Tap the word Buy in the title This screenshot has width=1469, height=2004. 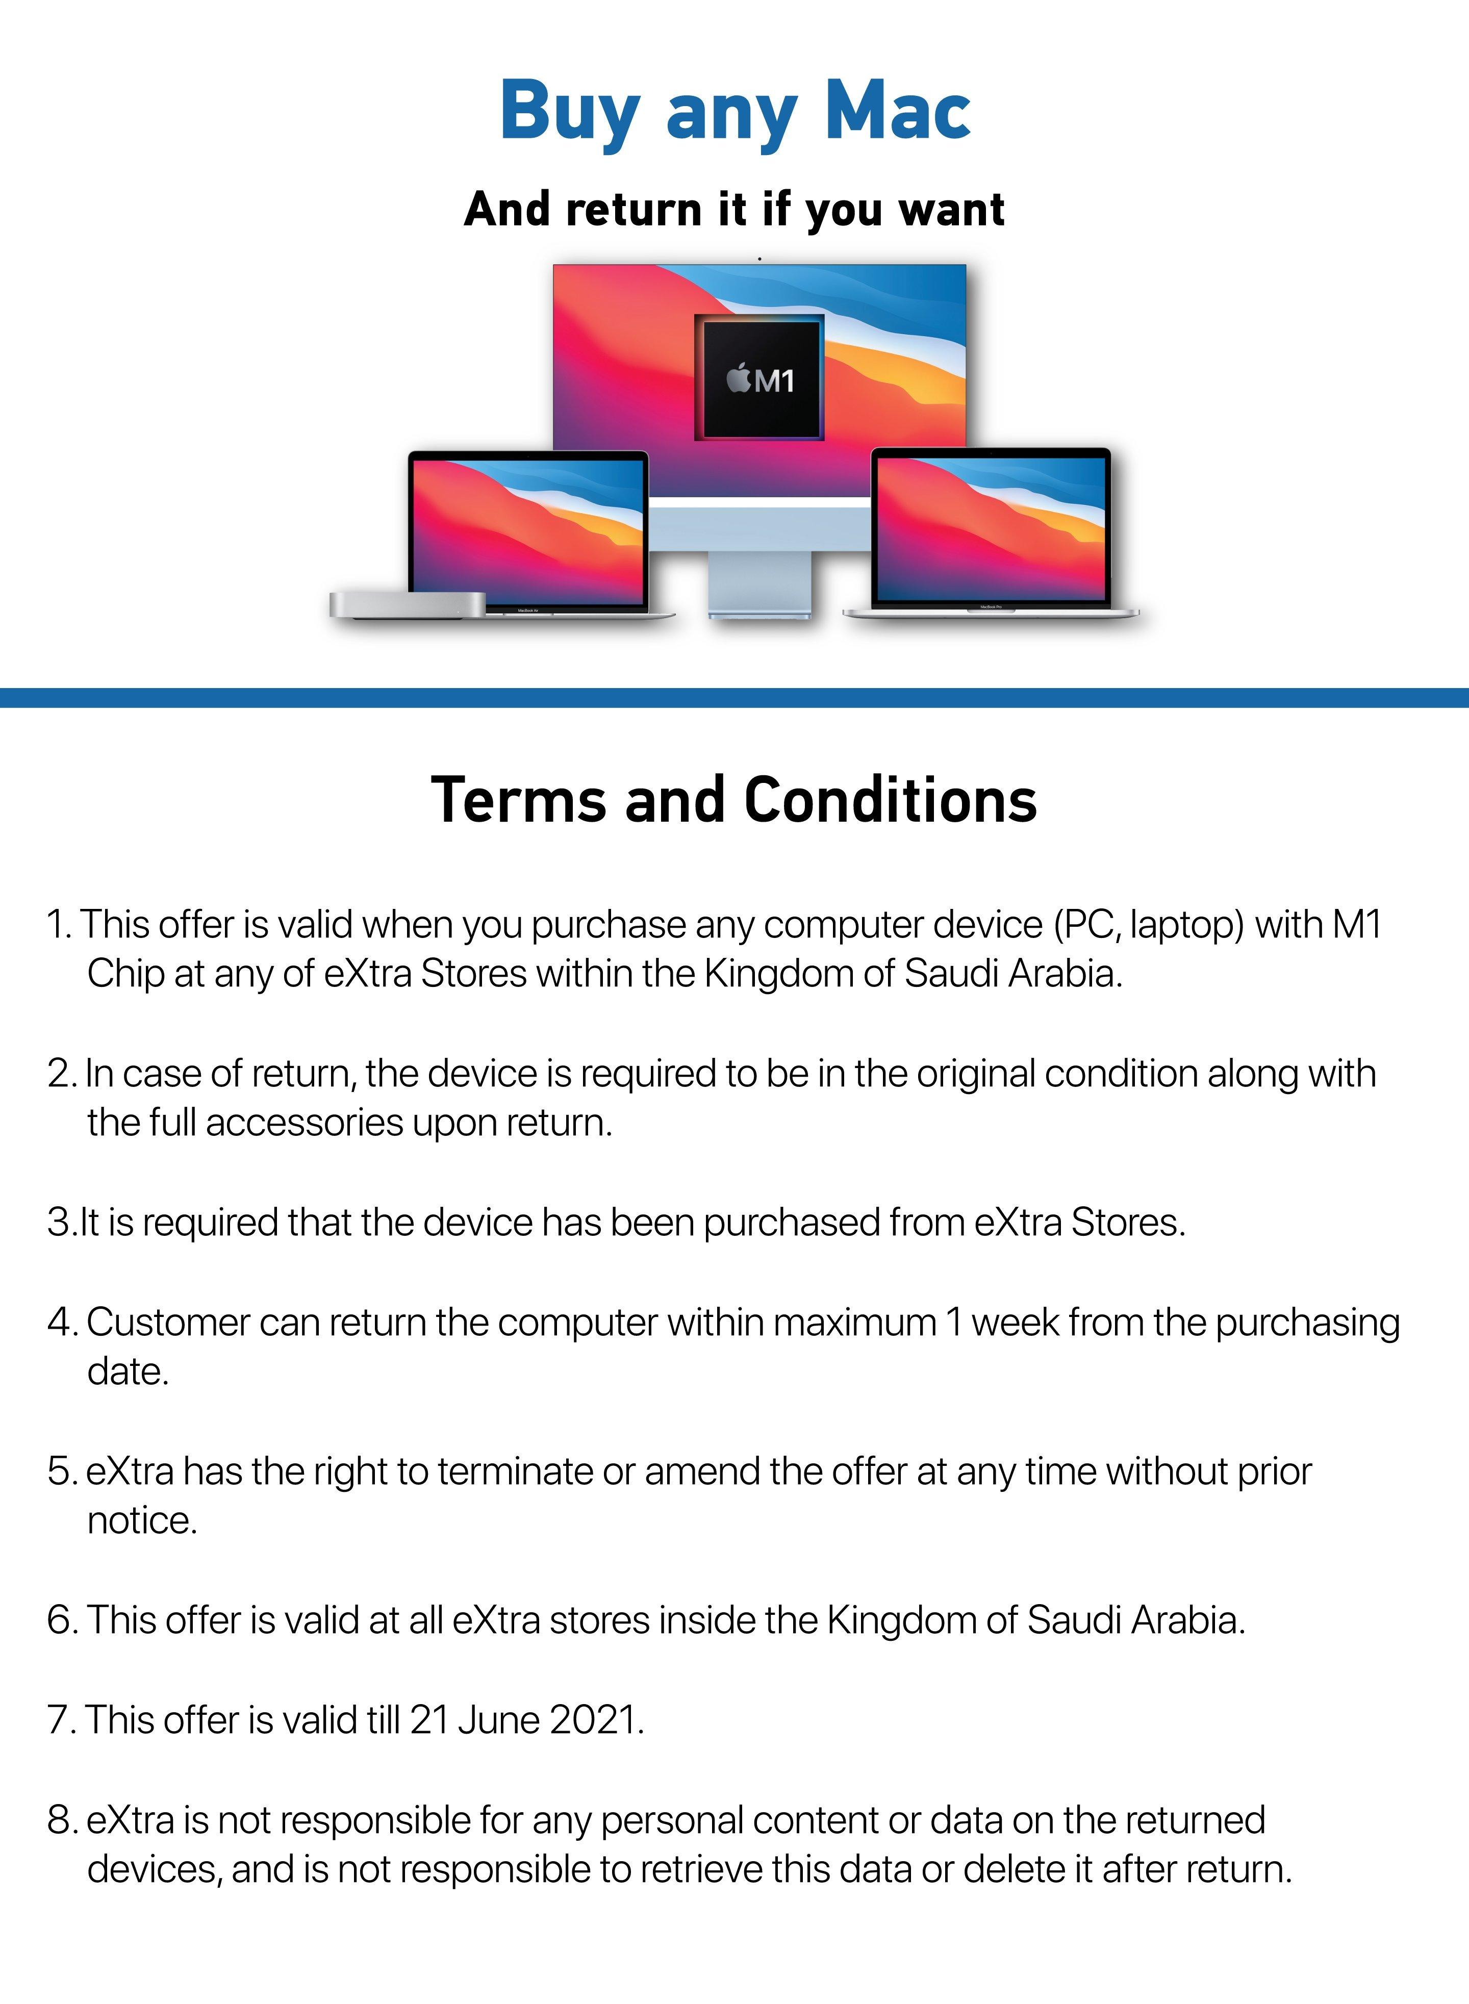tap(569, 112)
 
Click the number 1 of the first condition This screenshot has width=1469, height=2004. tap(57, 926)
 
